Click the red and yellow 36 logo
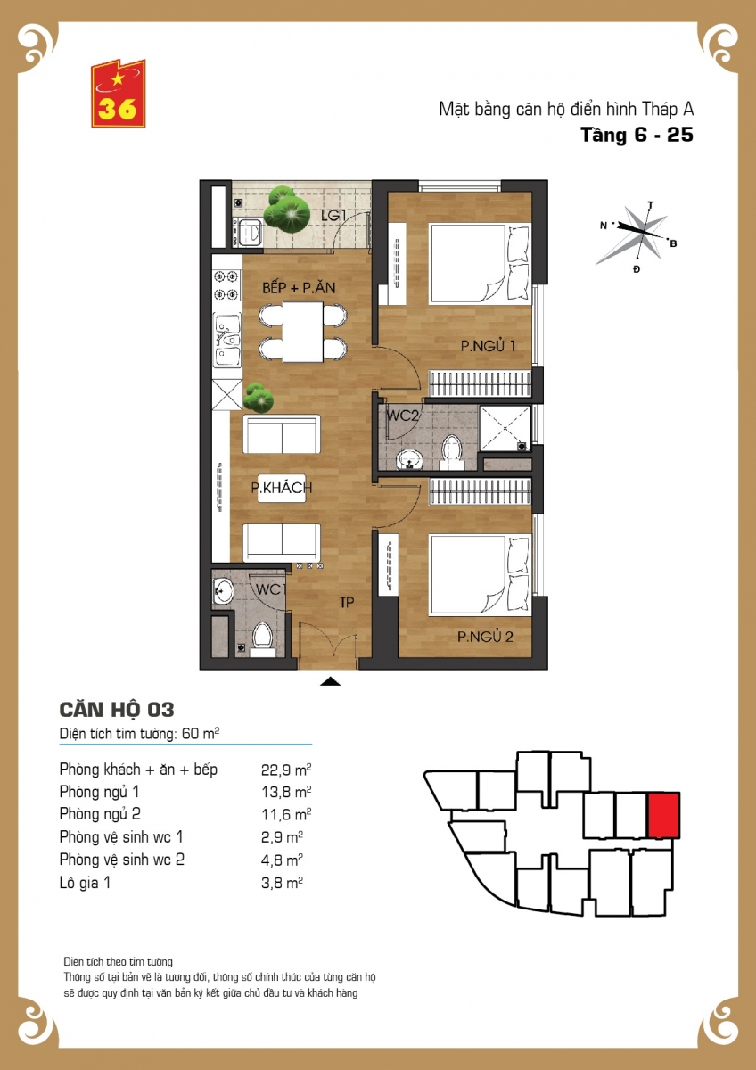tap(118, 94)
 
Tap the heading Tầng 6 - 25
tap(637, 135)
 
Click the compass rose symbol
tap(635, 235)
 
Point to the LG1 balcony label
tap(333, 216)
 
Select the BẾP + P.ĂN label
tap(299, 287)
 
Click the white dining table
tap(303, 332)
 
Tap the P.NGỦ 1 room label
tap(488, 346)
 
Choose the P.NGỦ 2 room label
tap(485, 637)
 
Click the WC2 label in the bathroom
tap(402, 416)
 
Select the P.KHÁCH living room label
tap(282, 488)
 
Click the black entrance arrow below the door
tap(330, 681)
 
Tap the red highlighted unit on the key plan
tap(663, 815)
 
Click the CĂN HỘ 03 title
tap(117, 710)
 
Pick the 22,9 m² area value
tap(286, 770)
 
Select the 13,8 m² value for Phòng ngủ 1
tap(286, 793)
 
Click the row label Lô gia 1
tap(85, 883)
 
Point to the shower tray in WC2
tap(505, 429)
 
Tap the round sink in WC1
tap(223, 591)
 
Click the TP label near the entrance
tap(347, 603)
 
